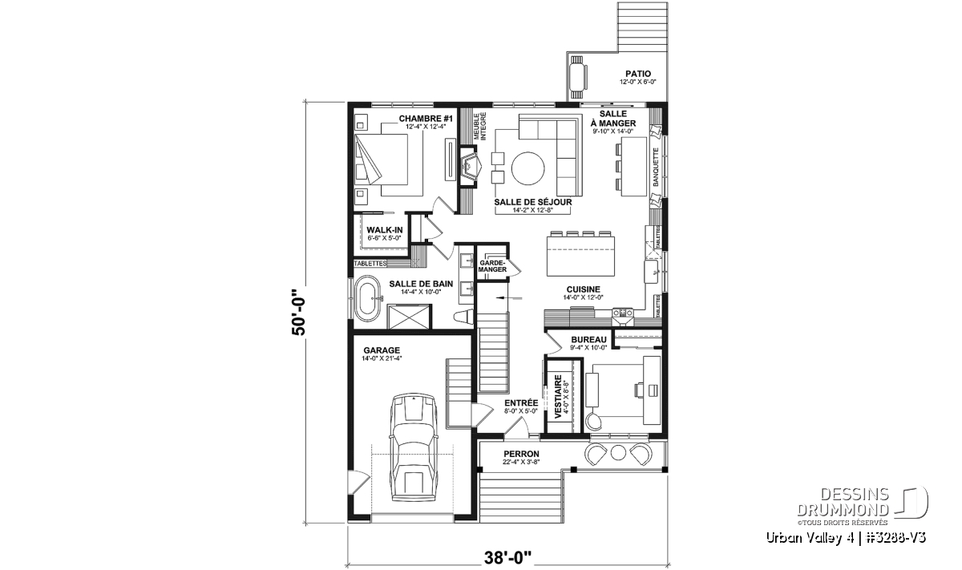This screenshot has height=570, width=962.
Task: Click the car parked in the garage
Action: pos(414,447)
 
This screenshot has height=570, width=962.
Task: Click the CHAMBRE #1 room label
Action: pos(426,119)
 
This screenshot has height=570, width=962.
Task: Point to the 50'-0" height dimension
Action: pos(298,310)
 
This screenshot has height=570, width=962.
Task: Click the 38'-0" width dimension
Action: pos(507,558)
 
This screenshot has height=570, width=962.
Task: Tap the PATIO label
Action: pos(638,74)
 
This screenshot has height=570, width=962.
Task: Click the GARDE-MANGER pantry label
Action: pos(492,266)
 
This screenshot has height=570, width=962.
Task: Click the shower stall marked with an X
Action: pos(409,317)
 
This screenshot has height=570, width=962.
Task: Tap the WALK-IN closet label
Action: pos(384,230)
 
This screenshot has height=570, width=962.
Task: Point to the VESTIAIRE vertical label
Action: pos(558,397)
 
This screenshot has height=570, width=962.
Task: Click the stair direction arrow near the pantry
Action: pos(509,297)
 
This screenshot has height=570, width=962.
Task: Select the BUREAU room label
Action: pos(588,340)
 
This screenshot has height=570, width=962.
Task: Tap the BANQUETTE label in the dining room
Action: pos(656,167)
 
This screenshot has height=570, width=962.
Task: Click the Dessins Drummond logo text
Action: pos(843,502)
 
